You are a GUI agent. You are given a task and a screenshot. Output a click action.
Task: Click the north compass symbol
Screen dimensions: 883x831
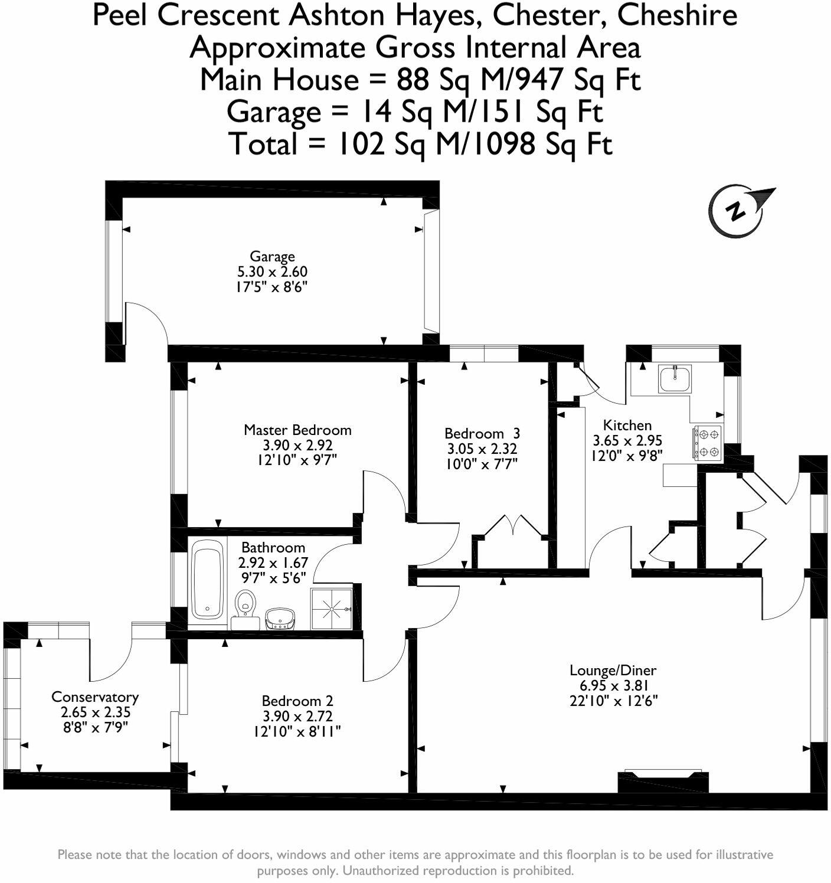(737, 211)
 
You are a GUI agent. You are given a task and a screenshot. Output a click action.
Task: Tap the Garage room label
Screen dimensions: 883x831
(272, 256)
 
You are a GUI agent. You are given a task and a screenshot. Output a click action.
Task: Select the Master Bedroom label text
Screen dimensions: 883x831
(297, 430)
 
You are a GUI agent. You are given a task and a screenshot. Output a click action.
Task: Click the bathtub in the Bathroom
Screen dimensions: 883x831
(207, 578)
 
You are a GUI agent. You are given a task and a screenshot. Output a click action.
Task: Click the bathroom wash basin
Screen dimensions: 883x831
(280, 619)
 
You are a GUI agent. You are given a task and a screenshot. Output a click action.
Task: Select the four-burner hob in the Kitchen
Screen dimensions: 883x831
(708, 443)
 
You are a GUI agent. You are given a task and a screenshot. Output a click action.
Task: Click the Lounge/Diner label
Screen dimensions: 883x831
(613, 670)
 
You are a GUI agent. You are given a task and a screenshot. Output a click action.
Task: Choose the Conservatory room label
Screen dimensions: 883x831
(95, 696)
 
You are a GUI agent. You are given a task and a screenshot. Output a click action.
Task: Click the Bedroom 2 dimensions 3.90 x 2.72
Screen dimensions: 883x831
(297, 717)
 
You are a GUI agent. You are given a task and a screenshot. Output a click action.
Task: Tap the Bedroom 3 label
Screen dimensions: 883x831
(482, 433)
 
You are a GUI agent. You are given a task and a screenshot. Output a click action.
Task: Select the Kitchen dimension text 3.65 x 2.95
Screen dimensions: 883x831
(627, 440)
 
